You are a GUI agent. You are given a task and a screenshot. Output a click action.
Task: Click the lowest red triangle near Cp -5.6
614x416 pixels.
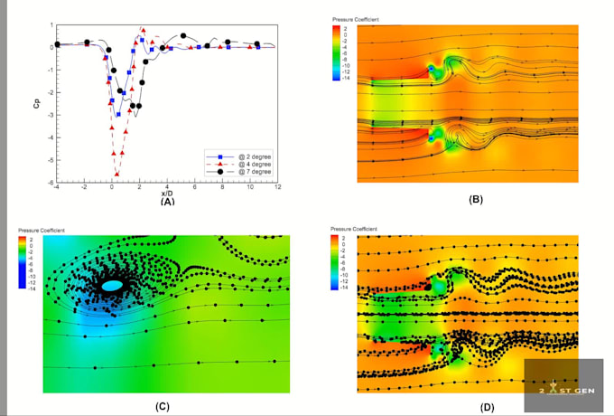[116, 174]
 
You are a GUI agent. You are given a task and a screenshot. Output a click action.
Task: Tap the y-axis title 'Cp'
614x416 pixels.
[35, 103]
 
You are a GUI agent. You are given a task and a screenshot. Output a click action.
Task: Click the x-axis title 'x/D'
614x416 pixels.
[167, 193]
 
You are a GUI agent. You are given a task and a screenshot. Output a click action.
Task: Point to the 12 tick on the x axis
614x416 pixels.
[276, 186]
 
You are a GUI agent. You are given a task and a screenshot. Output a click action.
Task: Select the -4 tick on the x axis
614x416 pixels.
[56, 186]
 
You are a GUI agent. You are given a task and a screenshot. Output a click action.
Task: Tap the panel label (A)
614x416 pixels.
[167, 202]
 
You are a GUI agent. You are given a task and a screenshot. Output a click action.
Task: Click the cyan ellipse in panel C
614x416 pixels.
[112, 286]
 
